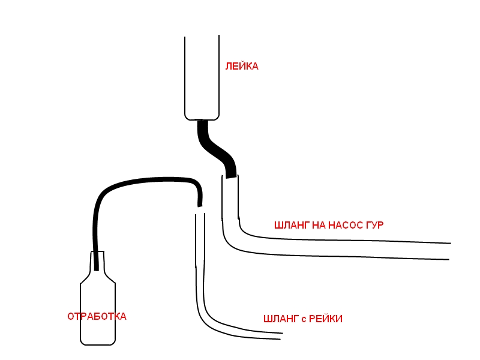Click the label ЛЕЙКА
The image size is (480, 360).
point(242,67)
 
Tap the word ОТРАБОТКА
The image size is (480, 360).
point(97,317)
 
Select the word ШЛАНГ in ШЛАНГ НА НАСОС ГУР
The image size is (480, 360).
point(292,226)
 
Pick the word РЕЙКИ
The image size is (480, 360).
point(326,319)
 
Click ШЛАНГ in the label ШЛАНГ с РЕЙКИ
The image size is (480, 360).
point(281,319)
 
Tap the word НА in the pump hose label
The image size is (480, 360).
point(319,226)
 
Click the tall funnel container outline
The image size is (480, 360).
point(185,77)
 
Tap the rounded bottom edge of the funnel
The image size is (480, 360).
point(202,119)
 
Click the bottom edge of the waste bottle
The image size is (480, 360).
point(98,344)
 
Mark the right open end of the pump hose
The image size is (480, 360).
point(449,251)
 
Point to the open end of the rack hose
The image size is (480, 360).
point(281,336)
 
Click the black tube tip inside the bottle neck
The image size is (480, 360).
point(97,269)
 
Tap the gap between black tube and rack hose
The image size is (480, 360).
point(200,210)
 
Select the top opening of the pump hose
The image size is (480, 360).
point(230,176)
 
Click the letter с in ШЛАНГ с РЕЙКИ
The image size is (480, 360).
point(304,320)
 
